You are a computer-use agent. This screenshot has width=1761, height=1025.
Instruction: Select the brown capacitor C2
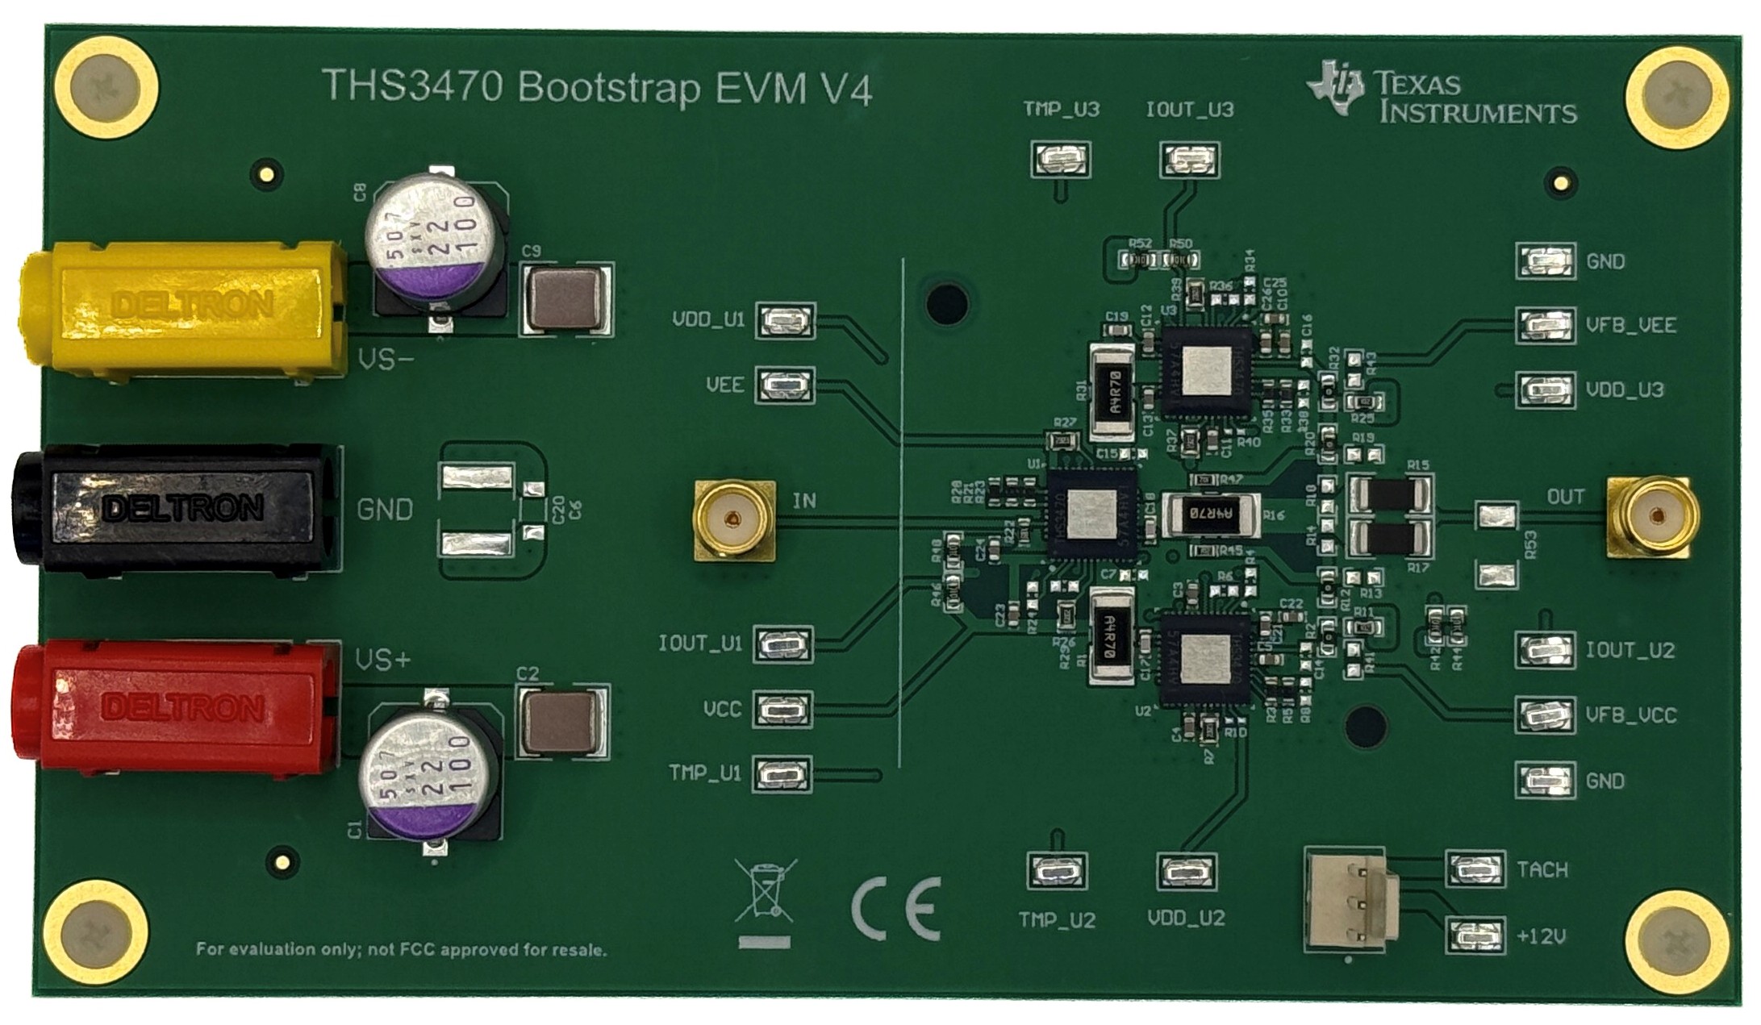(x=560, y=720)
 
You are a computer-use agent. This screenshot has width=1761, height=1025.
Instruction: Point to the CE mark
(x=896, y=908)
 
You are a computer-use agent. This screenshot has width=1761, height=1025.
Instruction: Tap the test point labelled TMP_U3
(x=1060, y=159)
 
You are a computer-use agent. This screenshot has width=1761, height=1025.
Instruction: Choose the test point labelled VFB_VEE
(x=1545, y=325)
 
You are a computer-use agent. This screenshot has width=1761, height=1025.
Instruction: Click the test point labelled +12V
(x=1475, y=935)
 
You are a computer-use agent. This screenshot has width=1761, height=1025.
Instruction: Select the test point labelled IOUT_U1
(x=782, y=644)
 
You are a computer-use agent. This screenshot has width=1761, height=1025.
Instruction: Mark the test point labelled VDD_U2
(x=1187, y=872)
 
